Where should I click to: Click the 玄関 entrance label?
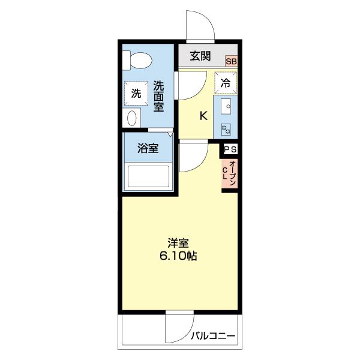click(x=200, y=56)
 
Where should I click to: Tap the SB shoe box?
click(x=231, y=61)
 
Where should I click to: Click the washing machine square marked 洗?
click(x=136, y=93)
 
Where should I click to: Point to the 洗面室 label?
click(x=158, y=95)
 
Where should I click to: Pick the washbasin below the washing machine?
click(x=134, y=117)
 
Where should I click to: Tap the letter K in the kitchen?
click(x=203, y=116)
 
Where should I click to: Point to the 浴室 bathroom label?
click(x=148, y=149)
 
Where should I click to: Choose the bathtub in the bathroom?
click(x=148, y=176)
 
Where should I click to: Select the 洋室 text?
click(x=179, y=243)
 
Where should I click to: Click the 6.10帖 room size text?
click(x=179, y=256)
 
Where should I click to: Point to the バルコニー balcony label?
click(x=214, y=336)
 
